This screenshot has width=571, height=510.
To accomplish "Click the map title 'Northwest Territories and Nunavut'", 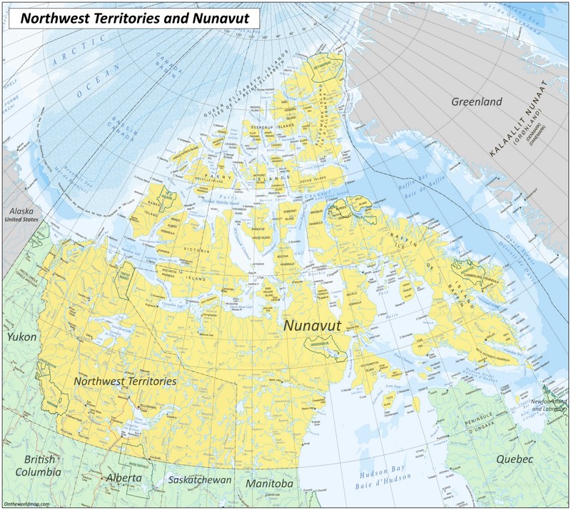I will pos(134,19).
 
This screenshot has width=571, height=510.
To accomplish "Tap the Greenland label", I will pos(476,101).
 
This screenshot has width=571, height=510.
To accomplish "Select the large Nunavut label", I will pos(313,326).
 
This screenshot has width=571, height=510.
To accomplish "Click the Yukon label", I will pos(21,336).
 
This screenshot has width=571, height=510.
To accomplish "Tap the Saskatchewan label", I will pos(199,480).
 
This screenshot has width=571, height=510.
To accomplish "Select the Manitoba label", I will pos(269,484).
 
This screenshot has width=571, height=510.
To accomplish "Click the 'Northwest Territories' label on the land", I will pos(125,381).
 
